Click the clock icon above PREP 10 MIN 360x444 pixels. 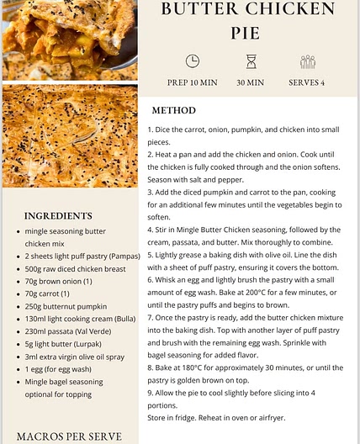pyautogui.click(x=193, y=61)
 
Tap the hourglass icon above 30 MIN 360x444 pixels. pyautogui.click(x=251, y=61)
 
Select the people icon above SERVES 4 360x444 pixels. pyautogui.click(x=308, y=61)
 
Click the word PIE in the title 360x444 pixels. pyautogui.click(x=246, y=33)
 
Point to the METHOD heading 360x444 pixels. pyautogui.click(x=173, y=111)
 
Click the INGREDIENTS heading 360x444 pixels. pyautogui.click(x=58, y=216)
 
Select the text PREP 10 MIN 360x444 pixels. pyautogui.click(x=193, y=83)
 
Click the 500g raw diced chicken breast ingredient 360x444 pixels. pyautogui.click(x=76, y=268)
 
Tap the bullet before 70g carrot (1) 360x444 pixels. pyautogui.click(x=19, y=293)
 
